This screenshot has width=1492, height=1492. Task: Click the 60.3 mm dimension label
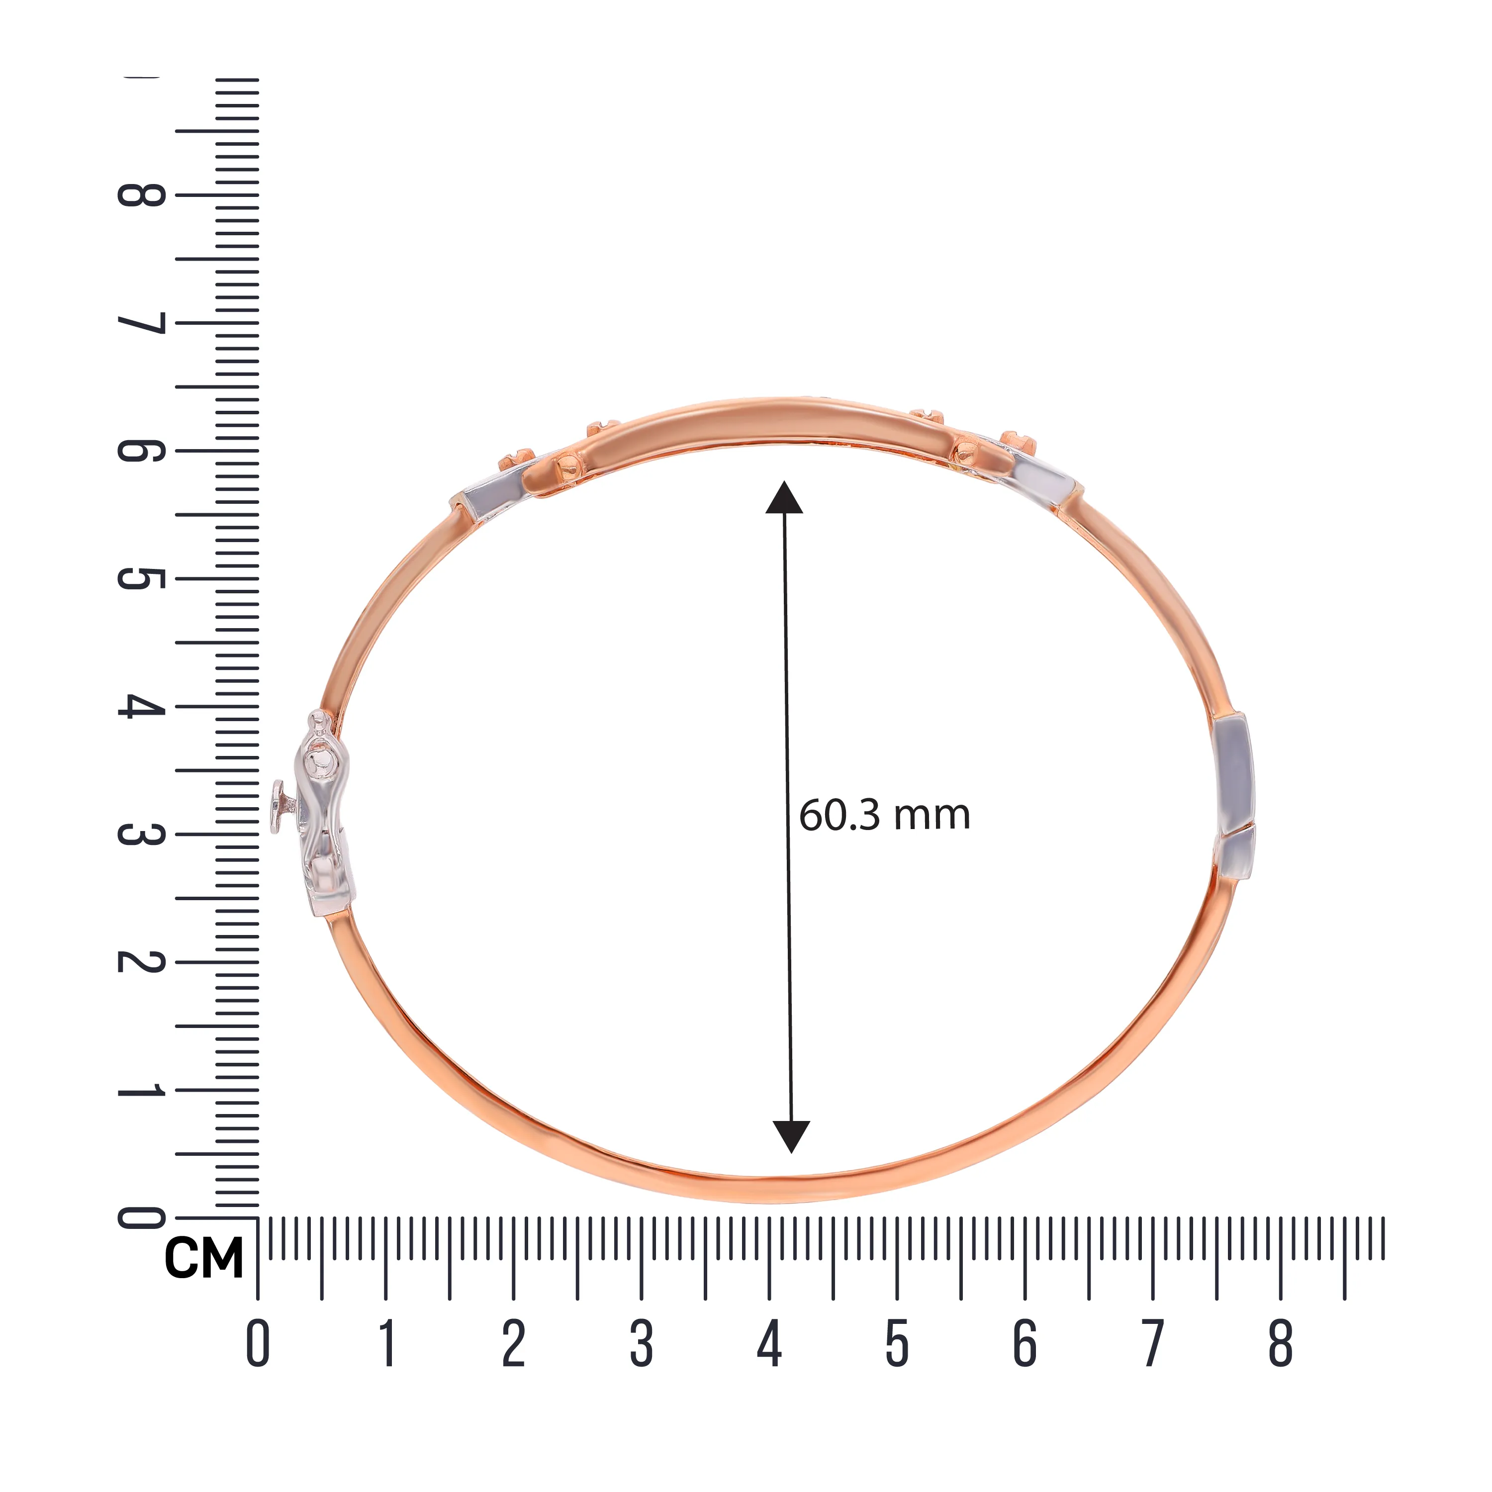(884, 816)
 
